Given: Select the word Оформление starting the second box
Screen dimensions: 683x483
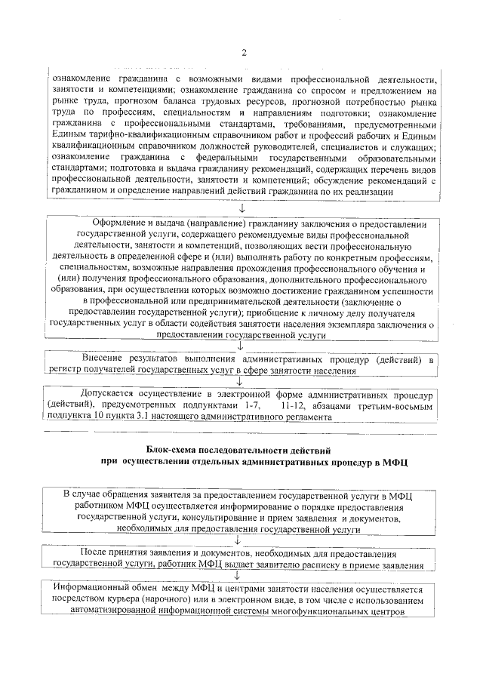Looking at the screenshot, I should pyautogui.click(x=125, y=225).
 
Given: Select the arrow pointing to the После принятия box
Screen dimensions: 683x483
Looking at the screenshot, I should pyautogui.click(x=241, y=541).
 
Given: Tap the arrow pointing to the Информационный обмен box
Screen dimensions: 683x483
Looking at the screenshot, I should pyautogui.click(x=241, y=575).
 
